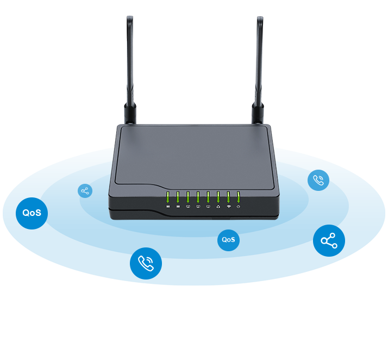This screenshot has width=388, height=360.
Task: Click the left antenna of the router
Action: [130, 60]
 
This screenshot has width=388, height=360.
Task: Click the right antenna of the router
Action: [260, 60]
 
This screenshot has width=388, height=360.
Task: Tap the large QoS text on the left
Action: [32, 213]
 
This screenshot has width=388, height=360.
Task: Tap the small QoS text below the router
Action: [228, 240]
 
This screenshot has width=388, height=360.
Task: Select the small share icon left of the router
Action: [85, 191]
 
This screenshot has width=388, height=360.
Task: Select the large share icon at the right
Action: [329, 241]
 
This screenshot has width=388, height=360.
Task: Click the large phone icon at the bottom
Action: [146, 263]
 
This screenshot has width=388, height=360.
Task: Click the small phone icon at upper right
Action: [318, 181]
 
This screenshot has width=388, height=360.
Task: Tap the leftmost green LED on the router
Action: [168, 197]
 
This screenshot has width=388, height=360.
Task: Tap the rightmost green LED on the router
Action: [238, 197]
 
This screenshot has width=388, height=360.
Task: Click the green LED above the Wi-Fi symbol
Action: [228, 197]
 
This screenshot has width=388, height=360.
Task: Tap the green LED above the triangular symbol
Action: [218, 197]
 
